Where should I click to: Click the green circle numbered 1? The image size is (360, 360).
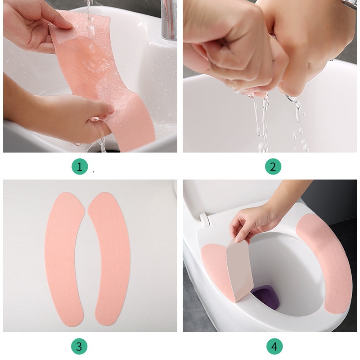pyautogui.click(x=80, y=166)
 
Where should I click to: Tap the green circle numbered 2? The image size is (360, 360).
pyautogui.click(x=273, y=166)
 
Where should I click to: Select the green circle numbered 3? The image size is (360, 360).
pyautogui.click(x=79, y=346)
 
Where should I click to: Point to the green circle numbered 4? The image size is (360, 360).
pyautogui.click(x=274, y=346)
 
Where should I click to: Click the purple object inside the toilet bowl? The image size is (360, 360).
pyautogui.click(x=266, y=296)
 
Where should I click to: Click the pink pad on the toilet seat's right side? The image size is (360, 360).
pyautogui.click(x=326, y=262)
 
